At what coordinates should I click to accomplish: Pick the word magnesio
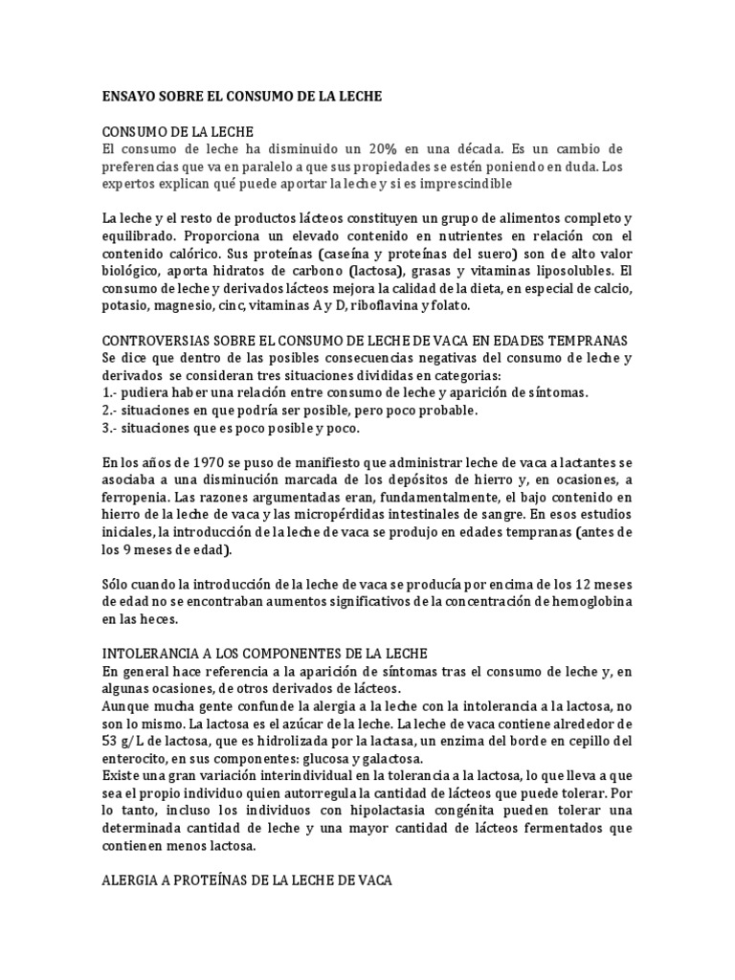[187, 305]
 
